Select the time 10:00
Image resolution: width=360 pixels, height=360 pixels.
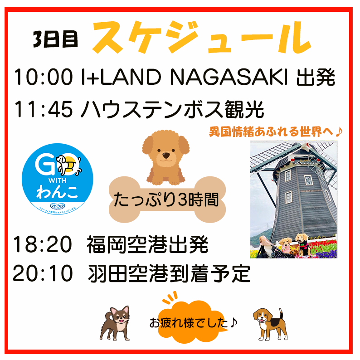tap(43, 78)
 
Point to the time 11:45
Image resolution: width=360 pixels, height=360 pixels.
tap(44, 109)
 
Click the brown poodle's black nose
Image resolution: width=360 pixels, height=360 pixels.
tap(166, 155)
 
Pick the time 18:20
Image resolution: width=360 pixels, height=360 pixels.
tap(43, 245)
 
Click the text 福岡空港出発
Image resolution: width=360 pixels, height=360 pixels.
tap(147, 245)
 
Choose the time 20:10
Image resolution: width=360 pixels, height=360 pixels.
tap(43, 273)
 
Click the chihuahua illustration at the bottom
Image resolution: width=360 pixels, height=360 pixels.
tap(115, 323)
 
